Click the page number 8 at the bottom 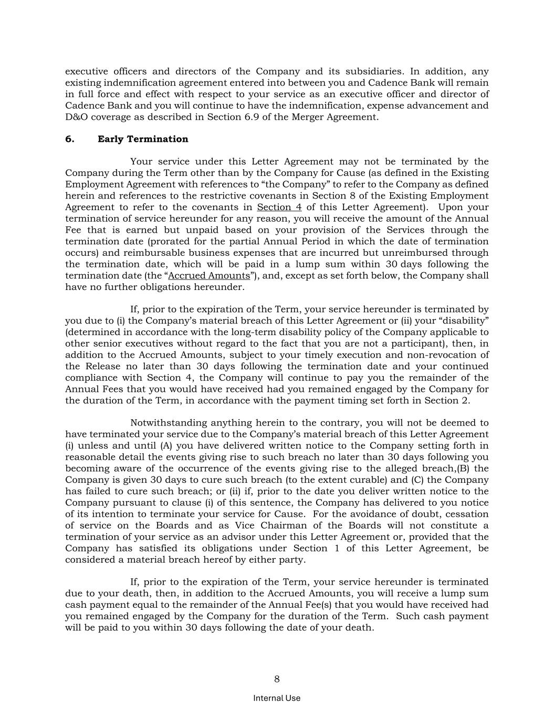click(x=277, y=679)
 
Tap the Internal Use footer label click(x=277, y=698)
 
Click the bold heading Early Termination click(x=143, y=139)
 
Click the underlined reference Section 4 click(x=279, y=207)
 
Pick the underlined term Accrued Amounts click(x=209, y=276)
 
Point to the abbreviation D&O click(x=76, y=117)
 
